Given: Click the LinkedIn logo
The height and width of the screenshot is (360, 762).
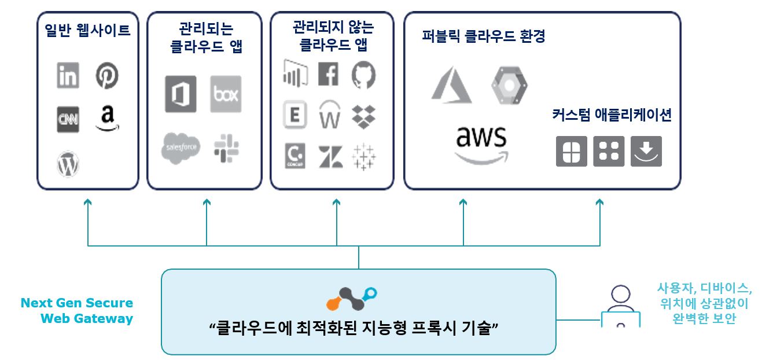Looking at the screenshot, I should tap(68, 76).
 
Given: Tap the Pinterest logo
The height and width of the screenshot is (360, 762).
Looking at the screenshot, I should tap(107, 76).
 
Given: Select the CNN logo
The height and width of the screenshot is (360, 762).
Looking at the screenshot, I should tap(68, 119).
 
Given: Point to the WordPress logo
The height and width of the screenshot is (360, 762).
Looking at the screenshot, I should tap(68, 164).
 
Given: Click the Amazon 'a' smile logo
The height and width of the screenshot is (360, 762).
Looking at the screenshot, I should tap(107, 119).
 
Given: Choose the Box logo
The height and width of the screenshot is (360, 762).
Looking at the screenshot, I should tap(226, 94).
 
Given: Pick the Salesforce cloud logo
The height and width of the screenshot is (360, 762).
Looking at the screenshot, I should tap(181, 148).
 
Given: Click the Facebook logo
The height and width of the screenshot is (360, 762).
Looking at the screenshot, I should tap(329, 74).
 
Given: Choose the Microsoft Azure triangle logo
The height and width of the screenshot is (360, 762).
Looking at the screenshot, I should tap(451, 85).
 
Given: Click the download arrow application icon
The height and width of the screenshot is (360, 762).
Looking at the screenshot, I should tap(646, 151).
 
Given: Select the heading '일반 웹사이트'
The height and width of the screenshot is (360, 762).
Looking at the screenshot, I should tap(88, 31).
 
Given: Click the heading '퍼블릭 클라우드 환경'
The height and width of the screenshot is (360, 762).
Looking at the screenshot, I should tap(484, 36).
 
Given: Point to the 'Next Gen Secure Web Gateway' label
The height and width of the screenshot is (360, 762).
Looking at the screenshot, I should tap(76, 310).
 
